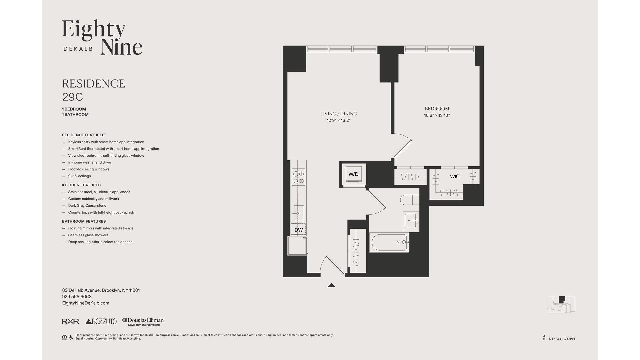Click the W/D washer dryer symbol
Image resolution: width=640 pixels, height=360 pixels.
353,174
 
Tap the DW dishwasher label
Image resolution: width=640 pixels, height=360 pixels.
299,230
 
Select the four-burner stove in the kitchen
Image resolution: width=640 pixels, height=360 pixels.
298,177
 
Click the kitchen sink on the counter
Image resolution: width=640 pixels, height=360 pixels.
299,213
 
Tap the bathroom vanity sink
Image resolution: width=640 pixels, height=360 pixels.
411,220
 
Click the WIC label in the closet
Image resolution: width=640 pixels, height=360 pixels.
455,176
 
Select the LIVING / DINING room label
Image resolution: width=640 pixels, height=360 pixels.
339,114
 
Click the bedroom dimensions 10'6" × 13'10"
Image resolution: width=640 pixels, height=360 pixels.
437,115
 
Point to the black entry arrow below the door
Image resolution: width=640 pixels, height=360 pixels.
331,285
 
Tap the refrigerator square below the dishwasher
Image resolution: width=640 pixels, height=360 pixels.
297,246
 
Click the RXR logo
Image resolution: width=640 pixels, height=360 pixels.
70,321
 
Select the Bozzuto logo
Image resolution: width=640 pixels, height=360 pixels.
101,321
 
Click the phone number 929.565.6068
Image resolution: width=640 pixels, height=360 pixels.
77,297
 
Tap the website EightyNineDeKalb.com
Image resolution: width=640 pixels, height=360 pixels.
86,303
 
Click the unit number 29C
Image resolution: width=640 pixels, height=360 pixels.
72,97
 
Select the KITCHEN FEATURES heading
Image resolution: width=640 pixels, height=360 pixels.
81,185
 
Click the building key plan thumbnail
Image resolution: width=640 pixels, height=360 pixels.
561,304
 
